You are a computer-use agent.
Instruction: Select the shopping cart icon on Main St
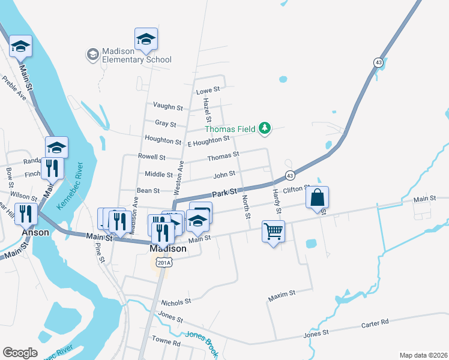[273, 230]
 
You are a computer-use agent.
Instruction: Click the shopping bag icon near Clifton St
[318, 197]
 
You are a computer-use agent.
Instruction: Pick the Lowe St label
[208, 89]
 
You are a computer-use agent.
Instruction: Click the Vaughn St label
[167, 107]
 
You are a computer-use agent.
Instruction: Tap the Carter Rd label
[375, 323]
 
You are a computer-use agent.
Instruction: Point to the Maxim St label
[282, 293]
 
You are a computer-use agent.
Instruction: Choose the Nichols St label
[175, 301]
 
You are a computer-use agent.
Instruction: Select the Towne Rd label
[166, 343]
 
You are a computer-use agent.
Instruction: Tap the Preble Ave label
[15, 89]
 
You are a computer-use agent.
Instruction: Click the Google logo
[20, 353]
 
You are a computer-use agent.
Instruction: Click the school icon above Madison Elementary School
[146, 40]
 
